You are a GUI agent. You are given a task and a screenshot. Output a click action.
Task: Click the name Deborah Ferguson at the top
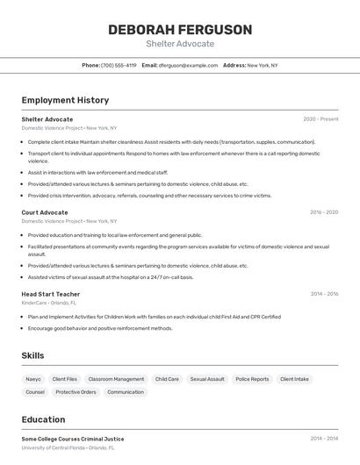point(180,30)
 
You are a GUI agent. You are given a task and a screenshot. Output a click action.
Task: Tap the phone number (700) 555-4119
point(119,65)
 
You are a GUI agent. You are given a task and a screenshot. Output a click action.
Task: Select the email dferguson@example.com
point(188,65)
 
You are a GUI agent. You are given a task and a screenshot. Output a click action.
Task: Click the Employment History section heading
point(65,100)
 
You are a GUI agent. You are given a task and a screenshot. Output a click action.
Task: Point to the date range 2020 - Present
point(320,118)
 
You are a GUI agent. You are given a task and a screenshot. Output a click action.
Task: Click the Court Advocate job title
point(45,212)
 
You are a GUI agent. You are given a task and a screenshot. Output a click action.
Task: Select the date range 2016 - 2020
point(324,212)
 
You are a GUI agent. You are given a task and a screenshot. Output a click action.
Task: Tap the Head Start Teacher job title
point(51,294)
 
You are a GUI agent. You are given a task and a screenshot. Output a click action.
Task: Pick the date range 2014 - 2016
point(324,294)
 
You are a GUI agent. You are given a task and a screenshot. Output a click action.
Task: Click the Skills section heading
point(33,355)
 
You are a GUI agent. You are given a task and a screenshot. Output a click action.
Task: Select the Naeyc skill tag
point(33,379)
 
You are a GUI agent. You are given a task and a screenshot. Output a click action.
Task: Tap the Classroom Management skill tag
point(116,379)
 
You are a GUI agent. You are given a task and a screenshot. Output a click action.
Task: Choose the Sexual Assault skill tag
point(207,379)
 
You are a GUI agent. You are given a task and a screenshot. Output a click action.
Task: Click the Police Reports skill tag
point(252,379)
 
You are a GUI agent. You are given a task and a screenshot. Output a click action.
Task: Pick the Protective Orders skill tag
point(76,392)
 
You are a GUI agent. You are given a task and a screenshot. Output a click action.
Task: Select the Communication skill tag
point(126,392)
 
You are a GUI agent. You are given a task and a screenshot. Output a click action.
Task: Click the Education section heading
point(43,419)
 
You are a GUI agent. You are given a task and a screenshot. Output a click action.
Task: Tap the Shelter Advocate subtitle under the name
point(180,44)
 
